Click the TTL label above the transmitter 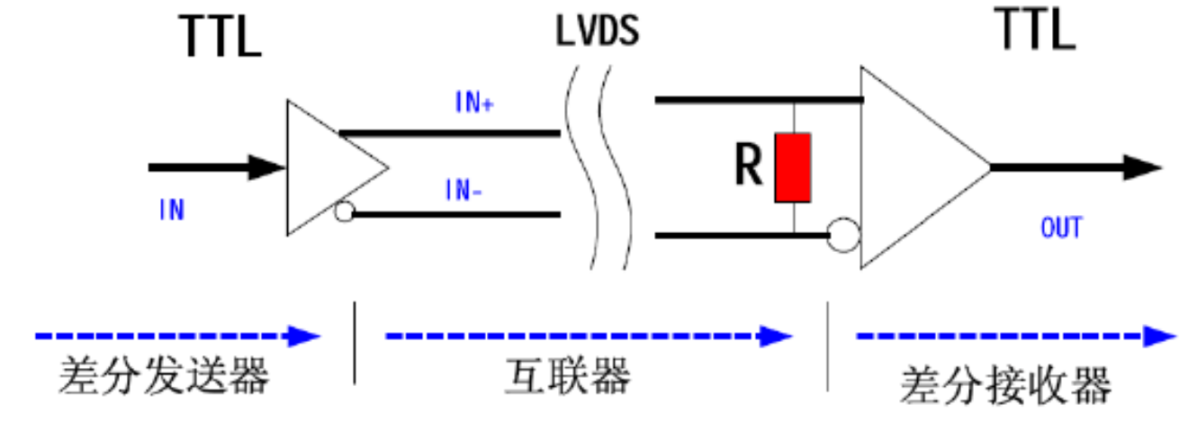pos(221,37)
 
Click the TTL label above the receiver pos(1034,30)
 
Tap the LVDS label pos(598,31)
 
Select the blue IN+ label pos(474,103)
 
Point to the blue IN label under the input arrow pos(171,211)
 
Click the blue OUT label pos(1062,228)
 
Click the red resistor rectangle pos(793,167)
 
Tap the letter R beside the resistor pos(749,166)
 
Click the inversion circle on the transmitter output pos(343,213)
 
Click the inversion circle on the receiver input pos(845,237)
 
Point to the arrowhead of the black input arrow pos(267,167)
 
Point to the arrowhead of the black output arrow pos(1142,167)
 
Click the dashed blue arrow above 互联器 pos(589,337)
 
